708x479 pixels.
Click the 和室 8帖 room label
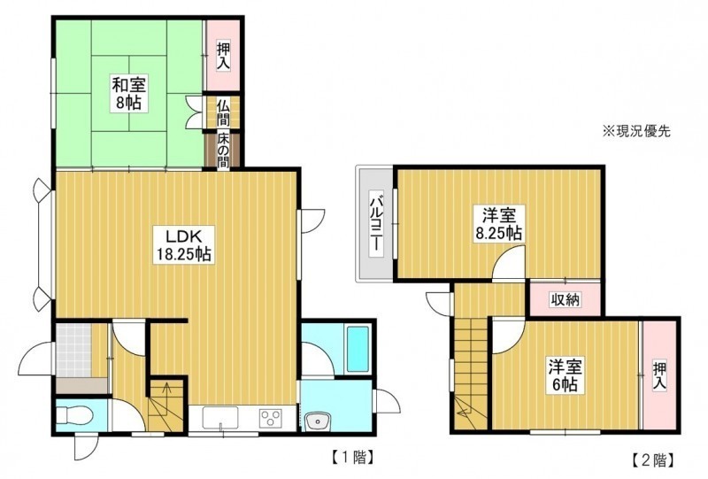coord(128,94)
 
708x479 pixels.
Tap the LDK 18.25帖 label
coord(183,245)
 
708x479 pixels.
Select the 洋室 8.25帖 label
coord(499,224)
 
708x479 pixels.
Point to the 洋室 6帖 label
coord(566,375)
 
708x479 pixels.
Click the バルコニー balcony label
coord(376,223)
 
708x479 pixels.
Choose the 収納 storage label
coord(566,299)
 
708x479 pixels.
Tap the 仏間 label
coord(223,112)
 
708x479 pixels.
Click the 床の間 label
coord(223,150)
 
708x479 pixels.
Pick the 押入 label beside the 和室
coord(223,56)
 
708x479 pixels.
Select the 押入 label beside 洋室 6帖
coord(659,376)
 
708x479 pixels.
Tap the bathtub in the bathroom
coord(358,350)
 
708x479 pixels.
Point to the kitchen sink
coord(219,418)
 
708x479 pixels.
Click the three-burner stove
coord(271,418)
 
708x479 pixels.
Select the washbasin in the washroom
coord(318,421)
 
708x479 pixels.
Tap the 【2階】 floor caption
coord(653,460)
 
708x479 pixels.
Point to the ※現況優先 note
coord(636,132)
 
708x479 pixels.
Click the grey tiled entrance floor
coord(73,350)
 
